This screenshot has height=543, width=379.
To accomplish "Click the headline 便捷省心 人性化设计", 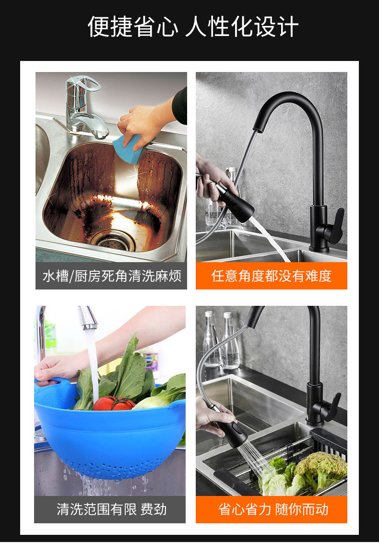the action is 193,27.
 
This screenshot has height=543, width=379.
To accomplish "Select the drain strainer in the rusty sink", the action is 114,241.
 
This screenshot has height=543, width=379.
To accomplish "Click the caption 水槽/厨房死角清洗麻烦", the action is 112,276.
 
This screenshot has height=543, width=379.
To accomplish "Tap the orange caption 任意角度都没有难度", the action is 272,276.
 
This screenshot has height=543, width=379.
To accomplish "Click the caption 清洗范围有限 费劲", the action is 111,509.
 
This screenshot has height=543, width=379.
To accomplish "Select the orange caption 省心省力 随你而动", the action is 273,509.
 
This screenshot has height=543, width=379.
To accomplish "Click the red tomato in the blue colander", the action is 114,403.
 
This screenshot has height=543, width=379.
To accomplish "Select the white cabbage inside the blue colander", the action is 152,402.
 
